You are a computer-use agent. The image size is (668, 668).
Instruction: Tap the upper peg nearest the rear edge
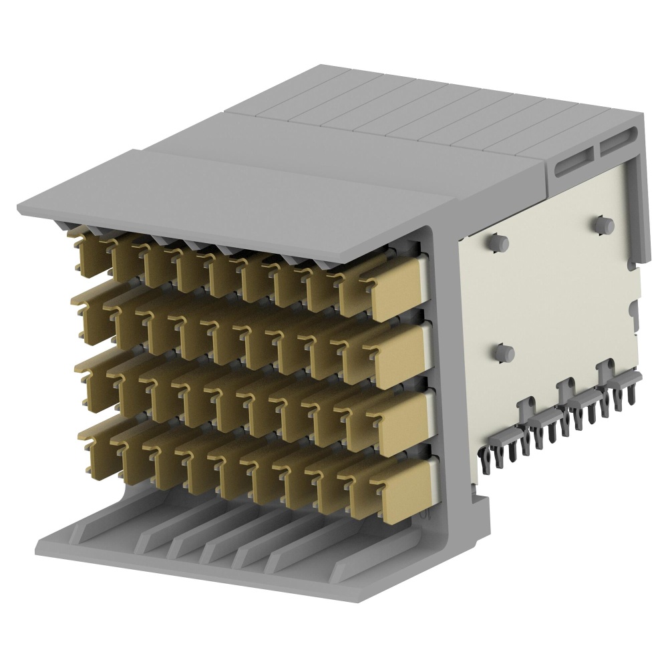pos(605,225)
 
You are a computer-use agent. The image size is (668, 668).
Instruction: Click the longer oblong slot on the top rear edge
pos(572,160)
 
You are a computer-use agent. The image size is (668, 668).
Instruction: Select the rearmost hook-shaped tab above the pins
pos(608,369)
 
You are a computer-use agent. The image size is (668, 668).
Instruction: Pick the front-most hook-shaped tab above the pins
pos(526,408)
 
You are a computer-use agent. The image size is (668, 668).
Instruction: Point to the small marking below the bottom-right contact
pos(425,514)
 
